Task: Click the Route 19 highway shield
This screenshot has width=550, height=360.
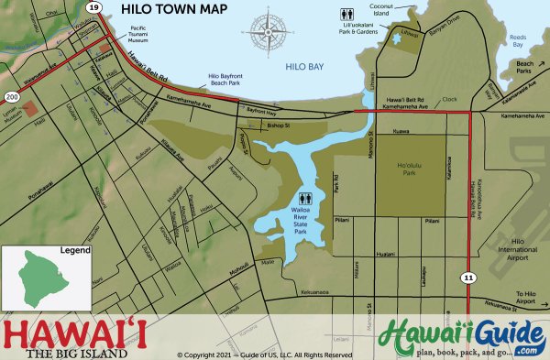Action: click(x=93, y=7)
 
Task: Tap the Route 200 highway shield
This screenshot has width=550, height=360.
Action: click(x=12, y=95)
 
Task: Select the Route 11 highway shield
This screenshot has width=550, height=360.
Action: click(x=468, y=275)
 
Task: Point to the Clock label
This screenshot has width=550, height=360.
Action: click(x=448, y=100)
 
